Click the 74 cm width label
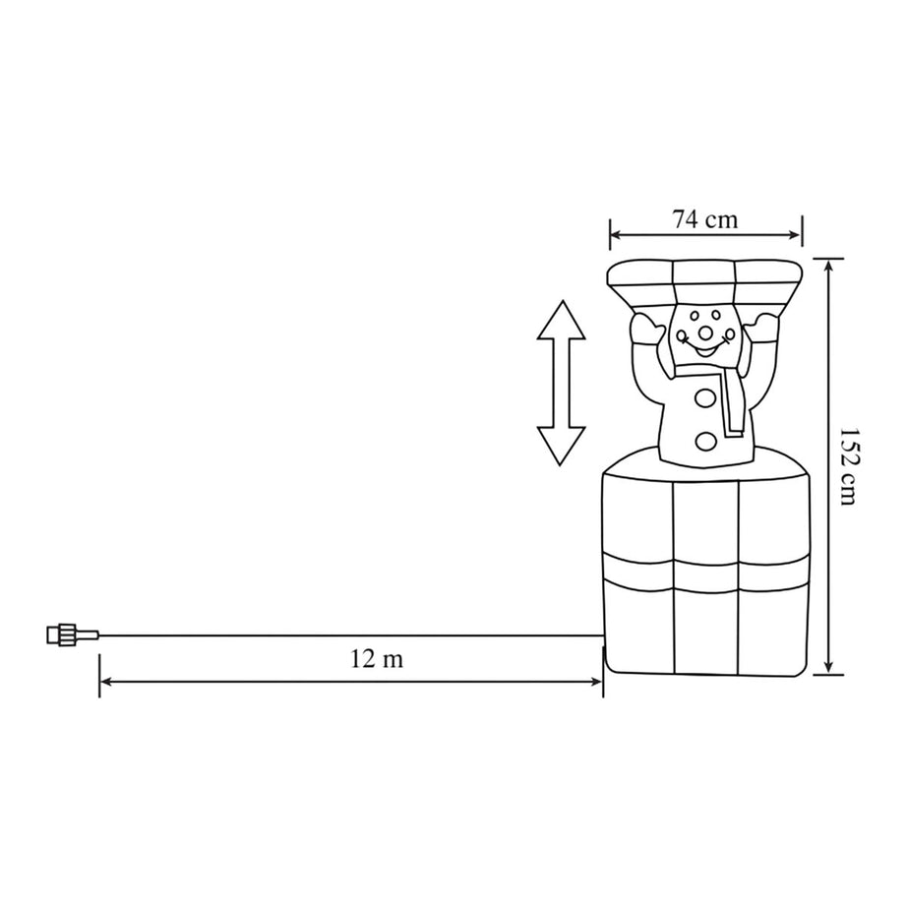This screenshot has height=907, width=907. pyautogui.click(x=704, y=219)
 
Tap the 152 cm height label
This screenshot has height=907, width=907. pyautogui.click(x=848, y=466)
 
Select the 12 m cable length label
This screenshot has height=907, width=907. pyautogui.click(x=377, y=659)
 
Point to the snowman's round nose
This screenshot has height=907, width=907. pyautogui.click(x=705, y=333)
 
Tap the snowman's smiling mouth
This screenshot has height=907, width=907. pyautogui.click(x=703, y=349)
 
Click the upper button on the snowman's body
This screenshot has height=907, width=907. pyautogui.click(x=705, y=398)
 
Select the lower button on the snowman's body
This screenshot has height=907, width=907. pyautogui.click(x=705, y=442)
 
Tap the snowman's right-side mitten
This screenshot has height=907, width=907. pyautogui.click(x=761, y=328)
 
